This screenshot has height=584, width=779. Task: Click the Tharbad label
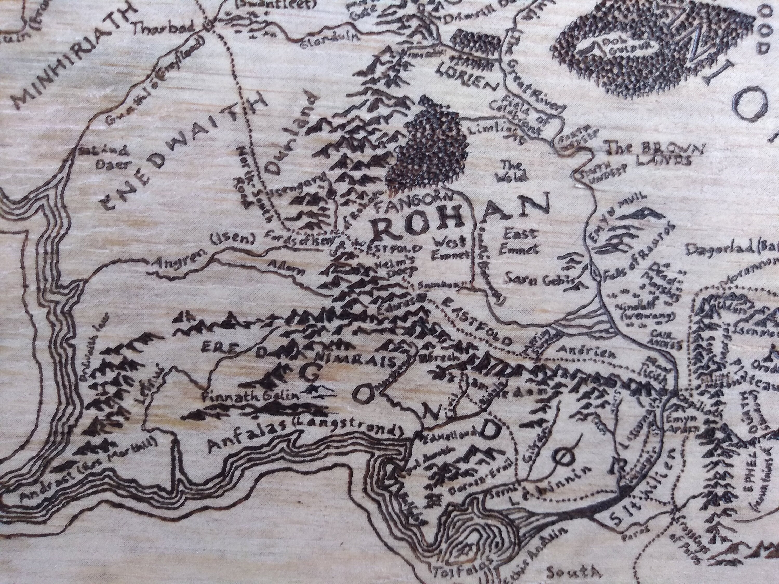164,30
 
